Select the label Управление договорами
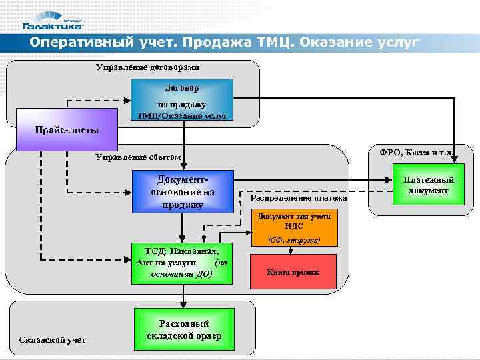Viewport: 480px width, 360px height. coord(147,67)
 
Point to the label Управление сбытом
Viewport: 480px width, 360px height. coord(138,157)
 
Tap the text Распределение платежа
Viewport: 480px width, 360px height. coord(299,198)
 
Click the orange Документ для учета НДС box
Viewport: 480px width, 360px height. coord(293,224)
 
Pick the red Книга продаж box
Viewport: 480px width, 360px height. coord(293,272)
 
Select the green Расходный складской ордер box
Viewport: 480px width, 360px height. coord(184,329)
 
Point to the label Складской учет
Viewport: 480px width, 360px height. coord(53,340)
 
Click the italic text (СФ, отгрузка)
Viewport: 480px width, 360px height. coord(293,240)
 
